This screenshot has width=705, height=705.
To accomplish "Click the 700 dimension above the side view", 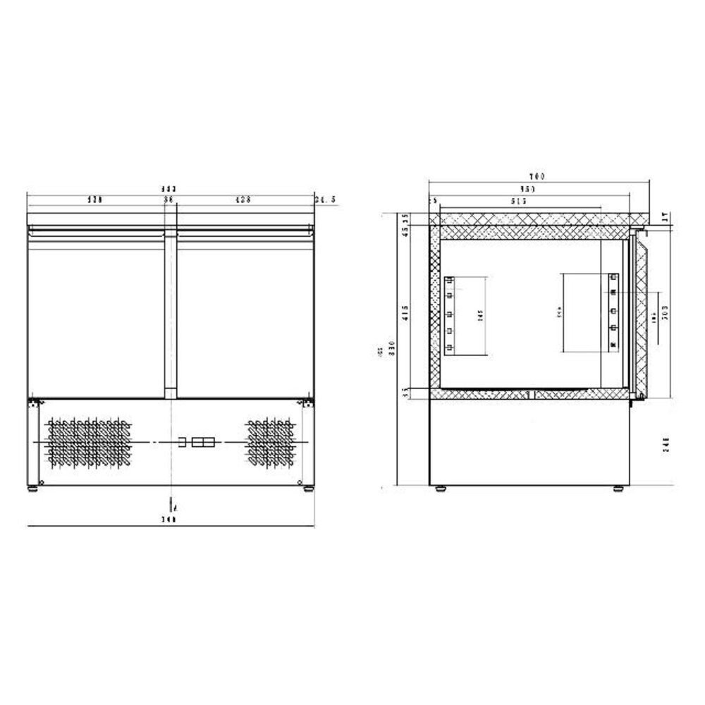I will click(x=539, y=176).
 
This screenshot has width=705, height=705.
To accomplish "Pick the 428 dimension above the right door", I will click(x=243, y=200).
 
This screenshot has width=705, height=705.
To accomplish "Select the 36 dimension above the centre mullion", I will click(x=169, y=200).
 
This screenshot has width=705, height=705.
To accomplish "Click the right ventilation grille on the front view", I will click(x=269, y=443).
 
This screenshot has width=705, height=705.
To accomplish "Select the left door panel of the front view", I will click(x=96, y=314).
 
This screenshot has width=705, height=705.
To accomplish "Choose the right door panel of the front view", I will click(x=242, y=314).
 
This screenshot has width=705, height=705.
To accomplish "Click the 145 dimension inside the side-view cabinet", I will click(x=479, y=316).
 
